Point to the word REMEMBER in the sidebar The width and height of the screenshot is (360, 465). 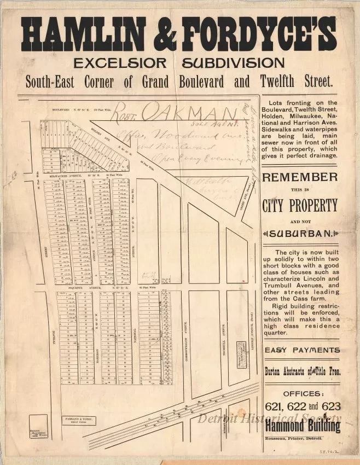click(300, 177)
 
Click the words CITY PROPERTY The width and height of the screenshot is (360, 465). click(300, 206)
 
